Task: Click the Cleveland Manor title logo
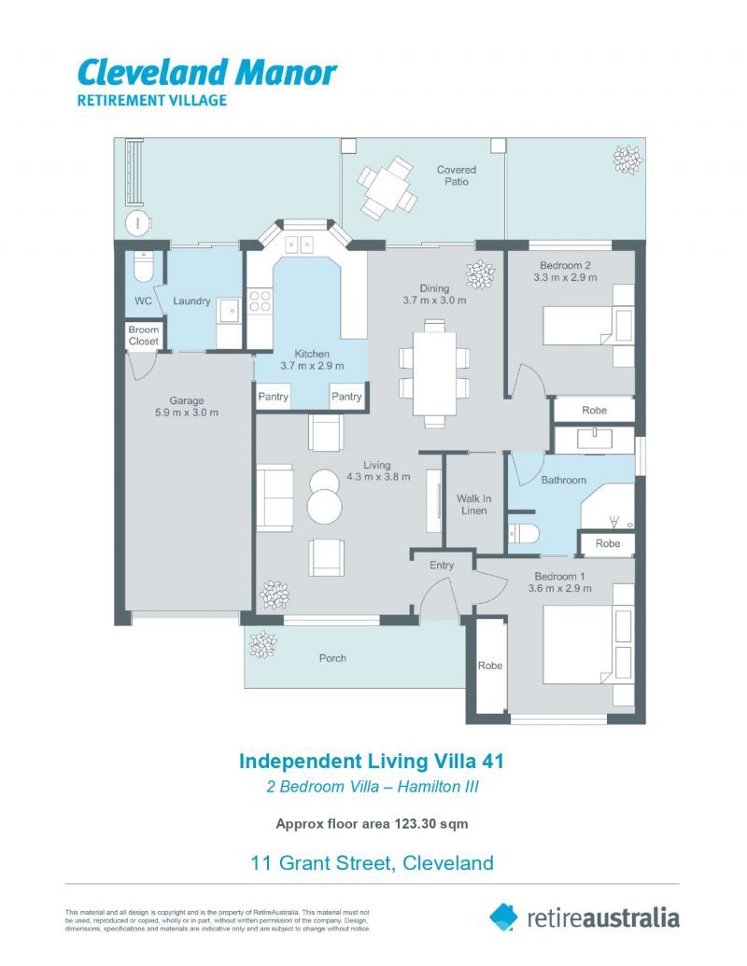[206, 73]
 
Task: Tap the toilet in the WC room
[143, 267]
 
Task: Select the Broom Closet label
[144, 336]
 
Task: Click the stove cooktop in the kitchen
[260, 301]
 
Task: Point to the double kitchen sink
[299, 245]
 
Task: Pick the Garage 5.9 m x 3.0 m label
[187, 407]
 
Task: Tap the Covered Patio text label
[456, 175]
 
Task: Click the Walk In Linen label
[473, 504]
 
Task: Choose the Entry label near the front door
[442, 566]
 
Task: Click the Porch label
[332, 658]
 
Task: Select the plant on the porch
[262, 642]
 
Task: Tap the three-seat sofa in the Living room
[275, 497]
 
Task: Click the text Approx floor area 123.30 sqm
[372, 823]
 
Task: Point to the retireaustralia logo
[585, 917]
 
